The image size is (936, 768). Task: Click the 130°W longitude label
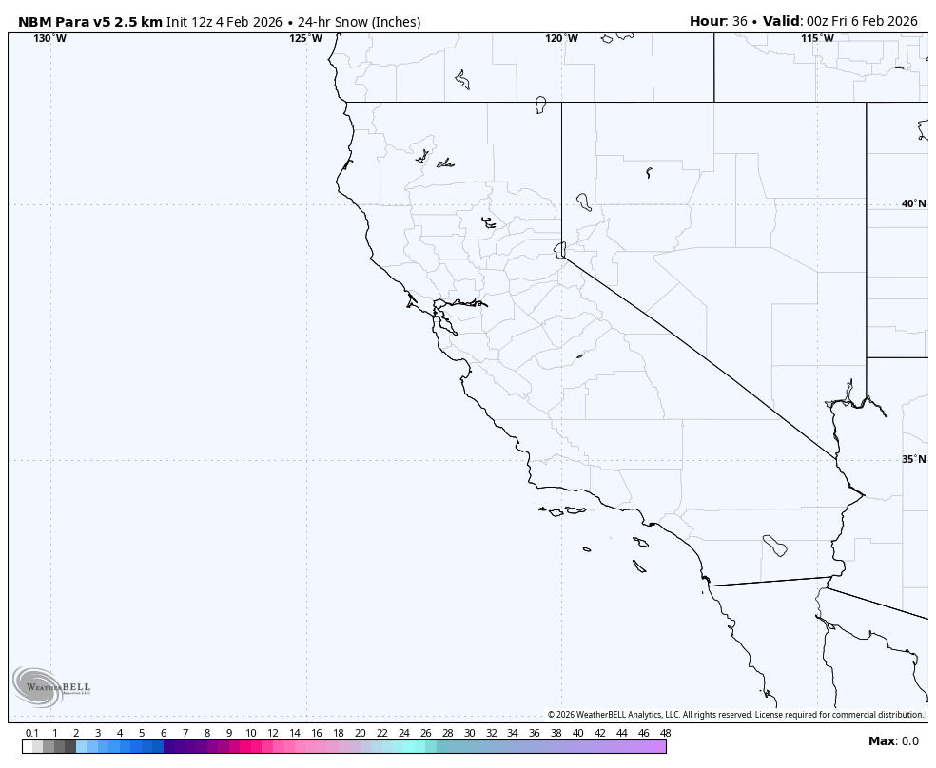point(50,38)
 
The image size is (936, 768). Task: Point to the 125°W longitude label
point(305,38)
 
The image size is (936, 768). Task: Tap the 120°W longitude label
point(561,38)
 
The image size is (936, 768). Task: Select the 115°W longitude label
point(817,38)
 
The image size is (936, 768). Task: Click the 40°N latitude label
point(913,203)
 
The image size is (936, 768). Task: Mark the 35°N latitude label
point(913,459)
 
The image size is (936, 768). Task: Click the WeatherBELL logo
point(50,687)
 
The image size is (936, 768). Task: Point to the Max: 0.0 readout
point(893,741)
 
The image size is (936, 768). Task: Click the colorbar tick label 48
point(665,733)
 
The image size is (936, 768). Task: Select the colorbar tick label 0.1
point(32,733)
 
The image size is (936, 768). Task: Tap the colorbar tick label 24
point(403,733)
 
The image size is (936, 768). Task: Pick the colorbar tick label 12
point(273,733)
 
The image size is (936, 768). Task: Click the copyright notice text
point(734,715)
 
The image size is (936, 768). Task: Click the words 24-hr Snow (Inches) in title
point(361,21)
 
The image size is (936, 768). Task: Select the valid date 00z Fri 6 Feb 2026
point(862,21)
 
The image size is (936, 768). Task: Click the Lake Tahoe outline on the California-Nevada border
point(560,249)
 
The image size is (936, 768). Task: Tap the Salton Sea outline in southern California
point(774,546)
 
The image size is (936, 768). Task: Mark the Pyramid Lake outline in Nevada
point(583,202)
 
